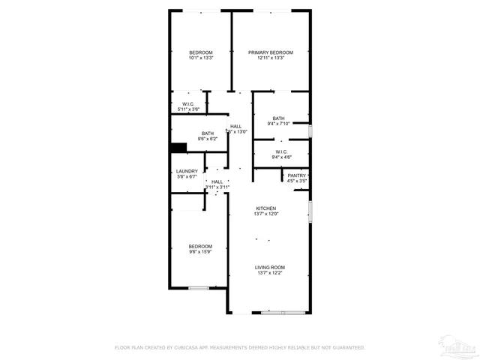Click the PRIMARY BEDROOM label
tap(271, 52)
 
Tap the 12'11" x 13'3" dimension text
tap(271, 58)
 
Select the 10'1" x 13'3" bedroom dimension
tap(201, 58)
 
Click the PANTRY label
tap(297, 175)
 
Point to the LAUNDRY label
tap(187, 172)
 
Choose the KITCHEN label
tap(266, 208)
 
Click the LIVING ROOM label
tap(270, 268)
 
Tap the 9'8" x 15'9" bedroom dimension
tap(200, 252)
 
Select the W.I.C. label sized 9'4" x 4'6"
tap(282, 151)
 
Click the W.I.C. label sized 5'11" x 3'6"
tap(188, 105)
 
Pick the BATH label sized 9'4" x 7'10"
tap(278, 118)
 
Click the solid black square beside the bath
tap(178, 148)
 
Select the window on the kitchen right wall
tap(310, 211)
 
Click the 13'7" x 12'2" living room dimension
tap(270, 273)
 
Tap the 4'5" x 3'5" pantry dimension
tap(297, 181)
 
